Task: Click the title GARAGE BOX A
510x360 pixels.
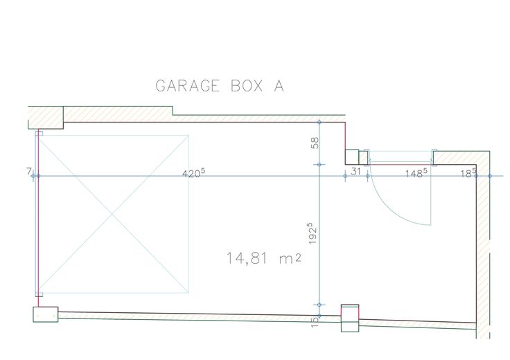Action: click(220, 86)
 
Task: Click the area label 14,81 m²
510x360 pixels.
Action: click(263, 258)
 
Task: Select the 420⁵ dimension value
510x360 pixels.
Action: click(193, 174)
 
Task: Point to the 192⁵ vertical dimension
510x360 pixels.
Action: click(313, 233)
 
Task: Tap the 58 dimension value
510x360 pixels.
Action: click(315, 143)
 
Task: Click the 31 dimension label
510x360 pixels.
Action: click(356, 171)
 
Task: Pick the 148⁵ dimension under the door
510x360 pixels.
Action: click(416, 173)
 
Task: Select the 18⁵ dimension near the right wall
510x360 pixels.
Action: click(468, 173)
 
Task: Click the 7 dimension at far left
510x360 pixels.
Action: click(29, 171)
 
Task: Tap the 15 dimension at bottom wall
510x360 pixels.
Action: click(315, 322)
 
